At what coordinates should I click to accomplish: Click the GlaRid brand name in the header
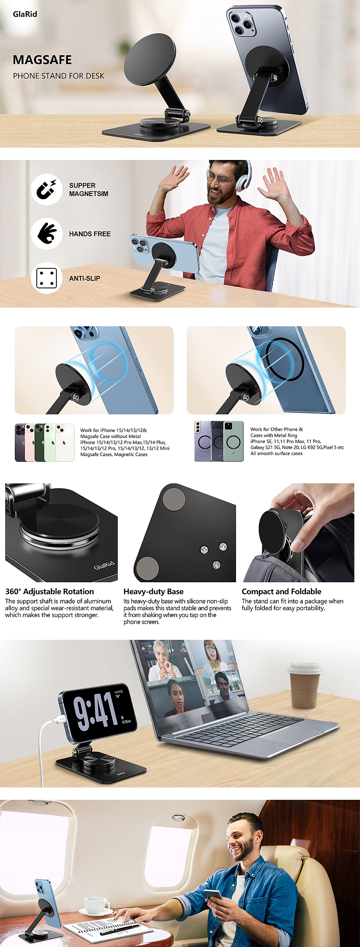[25, 14]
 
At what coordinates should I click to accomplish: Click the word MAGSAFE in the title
[42, 60]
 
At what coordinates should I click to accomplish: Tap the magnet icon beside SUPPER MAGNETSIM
[46, 190]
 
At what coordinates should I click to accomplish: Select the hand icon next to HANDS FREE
[46, 234]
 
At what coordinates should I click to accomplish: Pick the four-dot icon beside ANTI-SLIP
[46, 278]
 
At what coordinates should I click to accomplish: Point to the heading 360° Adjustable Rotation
[50, 591]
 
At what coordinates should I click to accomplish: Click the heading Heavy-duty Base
[154, 591]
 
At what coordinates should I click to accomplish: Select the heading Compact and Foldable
[282, 591]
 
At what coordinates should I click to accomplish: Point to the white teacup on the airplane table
[96, 894]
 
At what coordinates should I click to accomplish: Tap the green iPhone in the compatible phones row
[40, 442]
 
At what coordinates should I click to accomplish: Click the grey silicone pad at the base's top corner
[174, 499]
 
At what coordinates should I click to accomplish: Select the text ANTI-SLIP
[84, 278]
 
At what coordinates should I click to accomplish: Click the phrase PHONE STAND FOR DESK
[58, 76]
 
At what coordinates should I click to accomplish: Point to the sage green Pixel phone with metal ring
[233, 441]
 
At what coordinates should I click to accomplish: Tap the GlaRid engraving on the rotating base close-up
[104, 565]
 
